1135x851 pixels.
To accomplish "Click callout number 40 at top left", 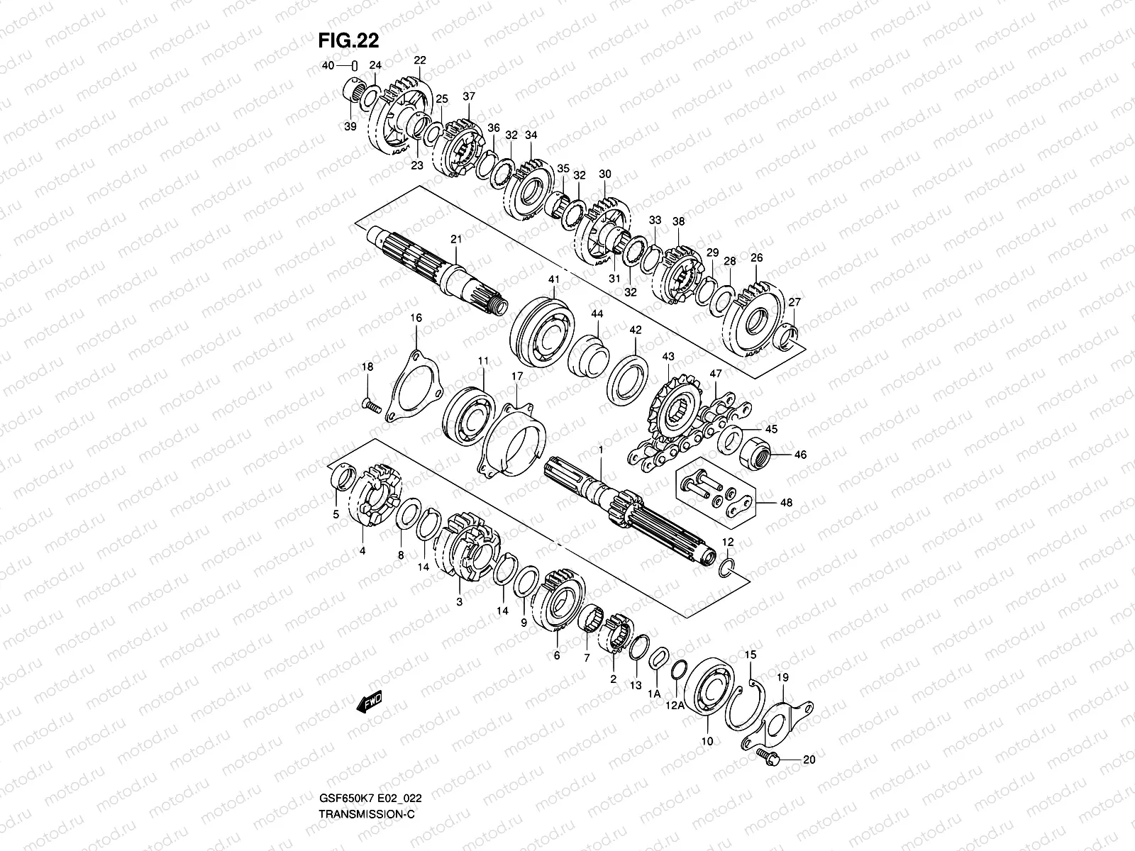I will (328, 66).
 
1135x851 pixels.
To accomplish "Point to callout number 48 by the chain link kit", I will (785, 503).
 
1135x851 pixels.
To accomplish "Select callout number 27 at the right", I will (794, 302).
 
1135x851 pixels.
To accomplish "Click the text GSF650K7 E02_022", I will (371, 798).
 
